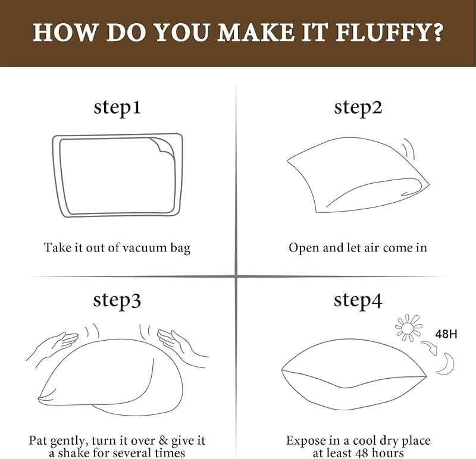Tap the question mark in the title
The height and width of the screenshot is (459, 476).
click(436, 32)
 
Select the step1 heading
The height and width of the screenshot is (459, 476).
click(117, 108)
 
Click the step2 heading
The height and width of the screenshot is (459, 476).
click(358, 108)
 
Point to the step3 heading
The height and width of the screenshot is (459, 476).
click(117, 300)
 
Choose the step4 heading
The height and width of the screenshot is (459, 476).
click(358, 300)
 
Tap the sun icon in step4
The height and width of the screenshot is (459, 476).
click(408, 328)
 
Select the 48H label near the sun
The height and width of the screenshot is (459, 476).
click(446, 334)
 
